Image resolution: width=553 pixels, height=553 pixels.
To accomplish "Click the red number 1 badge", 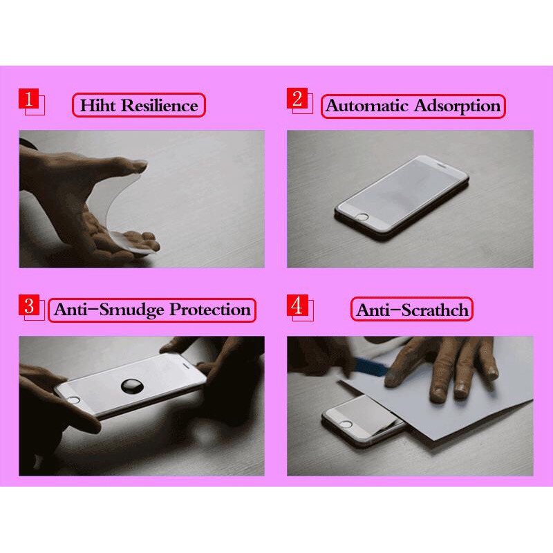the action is (x=28, y=98).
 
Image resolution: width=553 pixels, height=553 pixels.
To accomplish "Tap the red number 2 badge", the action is (x=297, y=98).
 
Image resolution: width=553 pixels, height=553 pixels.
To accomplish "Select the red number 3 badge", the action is (x=29, y=305).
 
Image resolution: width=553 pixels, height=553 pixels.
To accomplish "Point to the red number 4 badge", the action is (x=297, y=305).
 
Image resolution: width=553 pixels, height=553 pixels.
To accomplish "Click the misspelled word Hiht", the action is (x=97, y=106).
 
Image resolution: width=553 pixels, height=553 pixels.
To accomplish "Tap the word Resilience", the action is (x=160, y=106).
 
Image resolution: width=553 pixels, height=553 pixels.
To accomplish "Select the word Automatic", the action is (x=367, y=106).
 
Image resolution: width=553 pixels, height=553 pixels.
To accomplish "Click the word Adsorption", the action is (x=457, y=106).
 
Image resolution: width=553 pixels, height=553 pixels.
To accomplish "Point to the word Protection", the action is (x=210, y=309).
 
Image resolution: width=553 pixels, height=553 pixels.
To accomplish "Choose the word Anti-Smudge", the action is (x=109, y=310).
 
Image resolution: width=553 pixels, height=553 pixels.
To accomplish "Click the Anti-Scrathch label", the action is (x=412, y=310).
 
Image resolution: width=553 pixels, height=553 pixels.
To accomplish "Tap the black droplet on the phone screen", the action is (x=132, y=386).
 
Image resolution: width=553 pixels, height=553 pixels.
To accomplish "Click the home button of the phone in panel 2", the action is (x=361, y=217).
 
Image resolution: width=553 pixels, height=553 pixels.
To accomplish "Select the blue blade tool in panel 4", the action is (x=371, y=367).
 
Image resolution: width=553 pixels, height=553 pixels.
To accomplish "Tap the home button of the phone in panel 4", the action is (x=346, y=424).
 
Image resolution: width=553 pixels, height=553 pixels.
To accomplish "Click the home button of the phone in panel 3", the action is (x=73, y=400).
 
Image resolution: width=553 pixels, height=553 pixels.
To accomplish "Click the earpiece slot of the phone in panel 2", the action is (x=442, y=165).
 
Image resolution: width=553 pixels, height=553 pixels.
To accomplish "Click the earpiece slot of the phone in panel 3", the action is (x=187, y=366).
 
